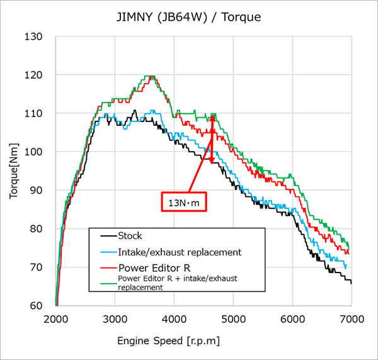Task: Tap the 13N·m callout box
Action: (x=184, y=202)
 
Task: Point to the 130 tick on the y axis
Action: (x=33, y=37)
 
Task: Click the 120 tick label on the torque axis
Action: (x=33, y=75)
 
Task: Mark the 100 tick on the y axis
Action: (x=33, y=152)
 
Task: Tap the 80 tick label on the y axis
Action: (x=35, y=229)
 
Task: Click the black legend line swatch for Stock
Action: (x=108, y=236)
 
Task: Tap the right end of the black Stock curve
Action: (x=351, y=283)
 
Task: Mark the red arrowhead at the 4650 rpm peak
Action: (x=213, y=117)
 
